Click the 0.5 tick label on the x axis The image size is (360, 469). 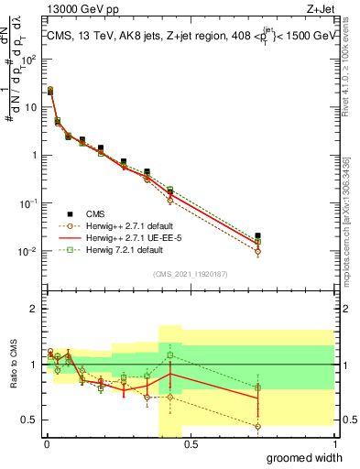190,443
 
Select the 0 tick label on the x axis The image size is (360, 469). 46,443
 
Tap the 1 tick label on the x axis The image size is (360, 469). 333,443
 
